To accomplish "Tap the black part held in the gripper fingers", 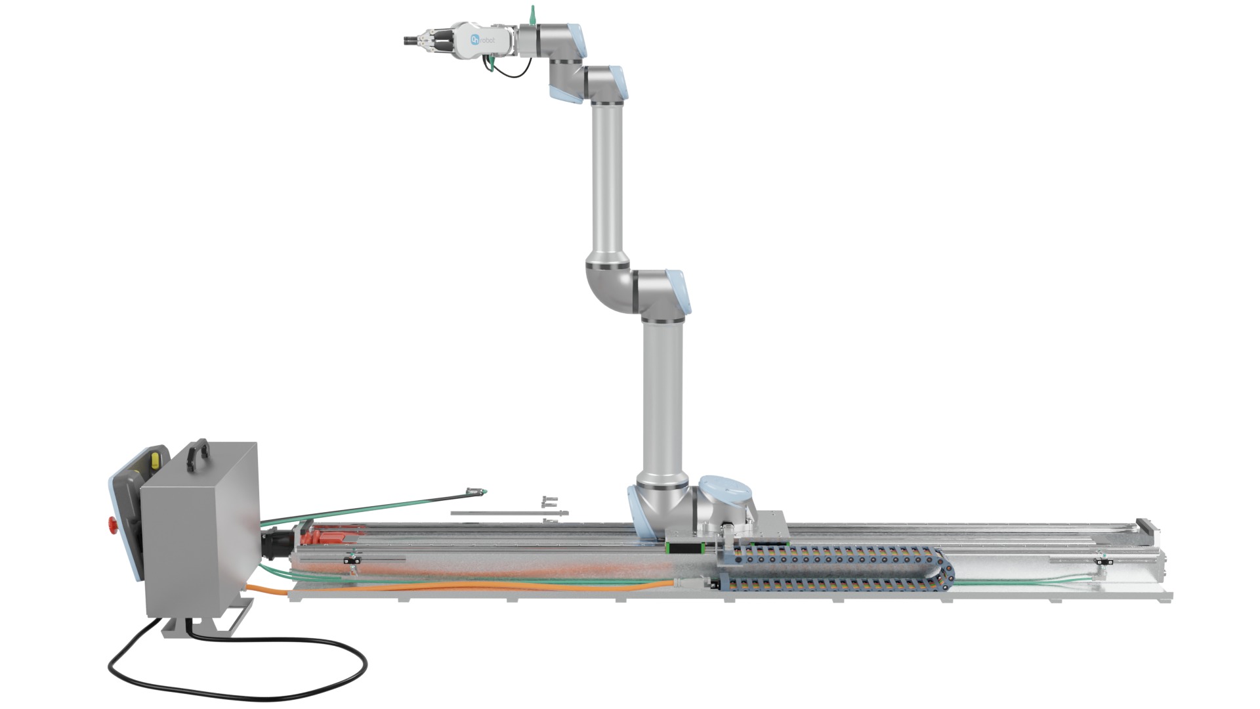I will pyautogui.click(x=411, y=41).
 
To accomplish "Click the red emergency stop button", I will pyautogui.click(x=112, y=525).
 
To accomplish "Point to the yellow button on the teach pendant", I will pyautogui.click(x=155, y=459).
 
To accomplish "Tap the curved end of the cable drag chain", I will pyautogui.click(x=945, y=570).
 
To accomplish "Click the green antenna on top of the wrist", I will pyautogui.click(x=532, y=13).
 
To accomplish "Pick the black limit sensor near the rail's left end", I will pyautogui.click(x=352, y=561).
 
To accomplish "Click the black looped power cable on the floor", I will pyautogui.click(x=236, y=683).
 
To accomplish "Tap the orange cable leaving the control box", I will pyautogui.click(x=459, y=586).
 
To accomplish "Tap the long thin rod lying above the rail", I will pyautogui.click(x=505, y=513).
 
